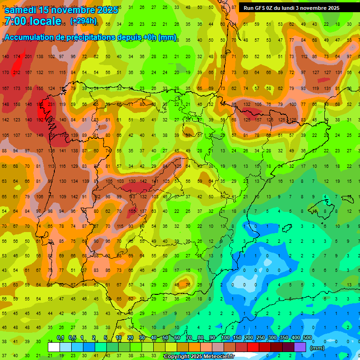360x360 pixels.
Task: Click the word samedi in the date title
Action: [21, 9]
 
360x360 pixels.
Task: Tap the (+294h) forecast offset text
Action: [83, 21]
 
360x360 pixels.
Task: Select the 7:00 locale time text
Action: [33, 21]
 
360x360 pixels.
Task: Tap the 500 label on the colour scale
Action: [307, 338]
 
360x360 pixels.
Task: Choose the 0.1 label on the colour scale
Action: [60, 338]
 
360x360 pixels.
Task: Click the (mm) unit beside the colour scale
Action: [317, 348]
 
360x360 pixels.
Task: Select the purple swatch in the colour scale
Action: [300, 347]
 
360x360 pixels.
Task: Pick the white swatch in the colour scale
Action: [54, 347]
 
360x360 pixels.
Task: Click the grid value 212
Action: [17, 73]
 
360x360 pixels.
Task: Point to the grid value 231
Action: [51, 104]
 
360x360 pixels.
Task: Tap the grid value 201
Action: [28, 57]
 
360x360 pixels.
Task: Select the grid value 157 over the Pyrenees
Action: [258, 120]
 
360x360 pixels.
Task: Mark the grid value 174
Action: [17, 57]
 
